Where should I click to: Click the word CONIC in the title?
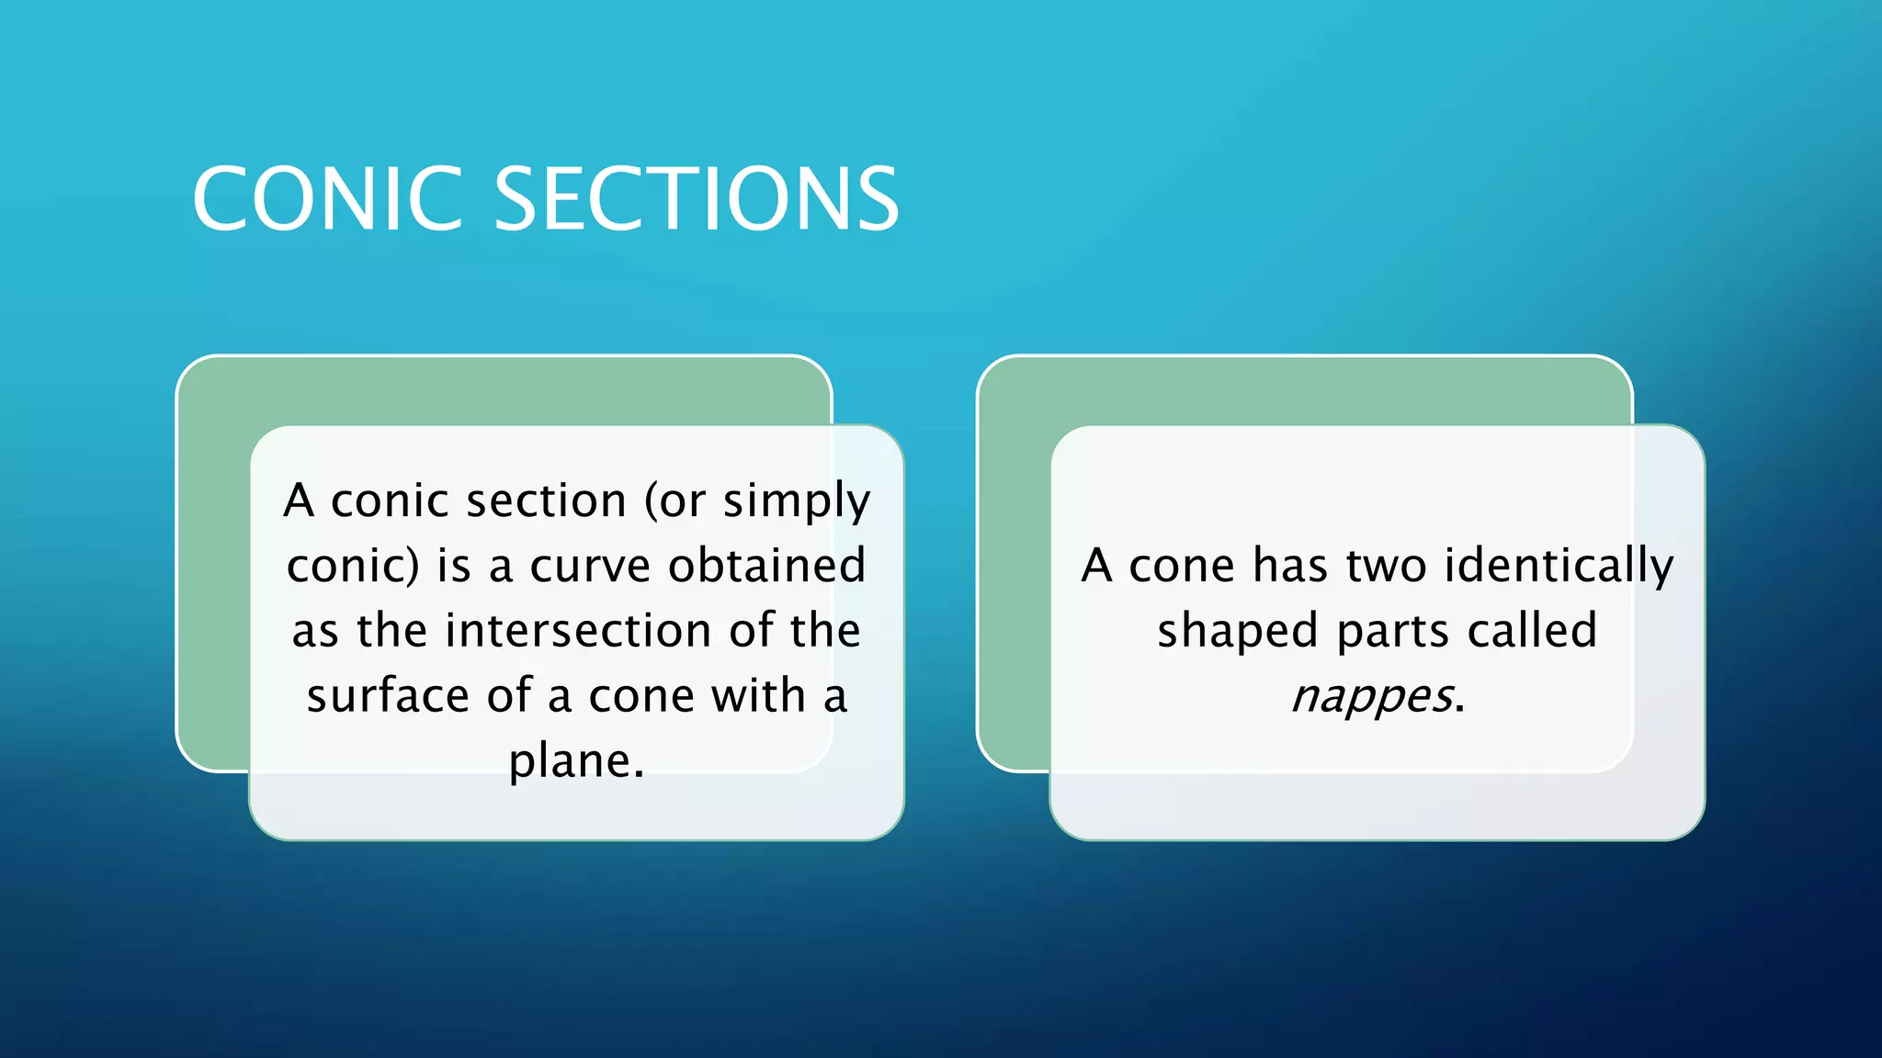click(x=326, y=199)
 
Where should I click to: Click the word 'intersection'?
click(x=578, y=631)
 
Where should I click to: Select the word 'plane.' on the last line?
click(x=577, y=760)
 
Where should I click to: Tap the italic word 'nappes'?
click(x=1371, y=695)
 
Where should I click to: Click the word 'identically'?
click(x=1559, y=566)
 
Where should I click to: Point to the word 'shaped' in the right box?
click(x=1237, y=631)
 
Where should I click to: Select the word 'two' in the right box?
click(x=1387, y=566)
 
